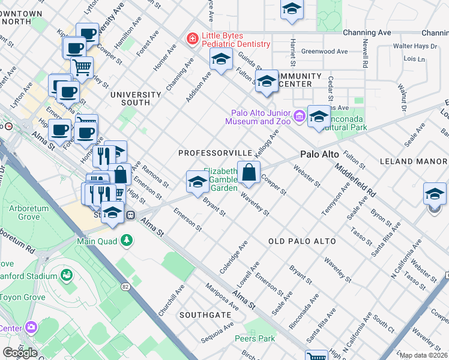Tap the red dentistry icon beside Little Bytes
pyautogui.click(x=192, y=39)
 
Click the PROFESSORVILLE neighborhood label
pyautogui.click(x=214, y=154)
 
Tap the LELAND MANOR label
pyautogui.click(x=414, y=161)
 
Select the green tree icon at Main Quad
pyautogui.click(x=126, y=241)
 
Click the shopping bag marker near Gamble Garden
pyautogui.click(x=249, y=173)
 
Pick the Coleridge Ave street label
pyautogui.click(x=234, y=257)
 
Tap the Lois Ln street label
pyautogui.click(x=414, y=59)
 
